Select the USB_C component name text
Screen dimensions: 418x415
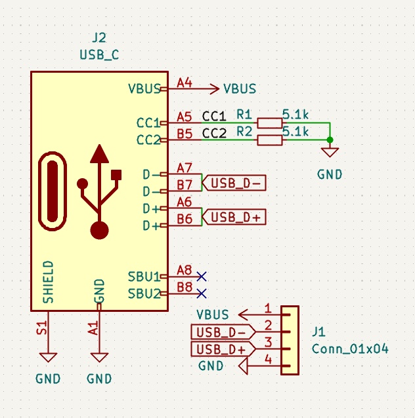[x=99, y=54]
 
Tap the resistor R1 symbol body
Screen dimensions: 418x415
[x=270, y=123]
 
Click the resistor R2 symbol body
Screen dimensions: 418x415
[x=270, y=140]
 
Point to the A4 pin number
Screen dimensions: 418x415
[x=185, y=83]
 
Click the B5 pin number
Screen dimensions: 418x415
[x=185, y=134]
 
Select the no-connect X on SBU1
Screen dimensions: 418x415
[x=202, y=276]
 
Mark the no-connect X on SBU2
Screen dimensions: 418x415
[x=202, y=293]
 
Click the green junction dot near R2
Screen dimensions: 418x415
[x=330, y=140]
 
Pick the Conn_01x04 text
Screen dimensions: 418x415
[x=350, y=349]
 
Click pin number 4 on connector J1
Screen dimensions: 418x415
[x=267, y=359]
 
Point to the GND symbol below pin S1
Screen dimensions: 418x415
[x=47, y=358]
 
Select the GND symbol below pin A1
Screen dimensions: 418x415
[x=99, y=358]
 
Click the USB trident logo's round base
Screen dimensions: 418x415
[x=99, y=230]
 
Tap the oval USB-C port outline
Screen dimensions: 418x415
[x=53, y=191]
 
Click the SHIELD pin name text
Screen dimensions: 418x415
[x=48, y=282]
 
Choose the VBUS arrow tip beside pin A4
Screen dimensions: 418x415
[x=217, y=88]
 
